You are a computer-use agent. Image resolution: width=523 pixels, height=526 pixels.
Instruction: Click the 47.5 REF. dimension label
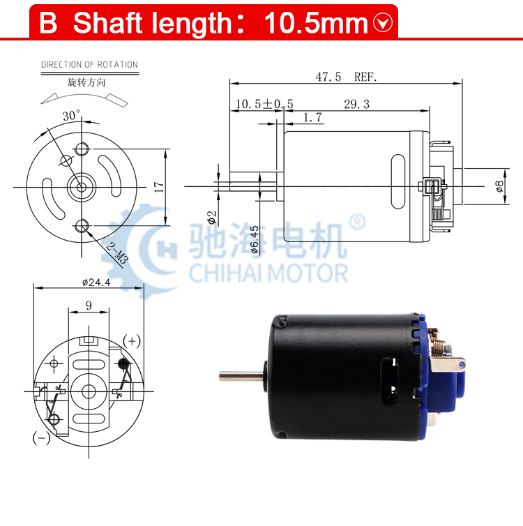click(x=347, y=77)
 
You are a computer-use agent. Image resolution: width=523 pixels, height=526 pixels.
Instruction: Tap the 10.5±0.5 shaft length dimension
click(x=264, y=104)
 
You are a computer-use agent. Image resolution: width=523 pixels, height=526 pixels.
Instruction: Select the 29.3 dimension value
click(x=357, y=104)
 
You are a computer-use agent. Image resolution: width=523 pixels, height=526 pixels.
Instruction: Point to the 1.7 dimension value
click(x=312, y=117)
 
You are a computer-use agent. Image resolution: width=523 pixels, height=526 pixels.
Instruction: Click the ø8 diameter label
click(x=499, y=186)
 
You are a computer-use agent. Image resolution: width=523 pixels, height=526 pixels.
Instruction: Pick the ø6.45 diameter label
click(x=255, y=239)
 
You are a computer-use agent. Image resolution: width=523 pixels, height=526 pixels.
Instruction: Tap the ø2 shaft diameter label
click(x=212, y=218)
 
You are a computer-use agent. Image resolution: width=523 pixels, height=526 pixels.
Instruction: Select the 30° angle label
click(x=71, y=115)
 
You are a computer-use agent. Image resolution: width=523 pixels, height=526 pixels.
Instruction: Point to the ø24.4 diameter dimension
click(x=96, y=283)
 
